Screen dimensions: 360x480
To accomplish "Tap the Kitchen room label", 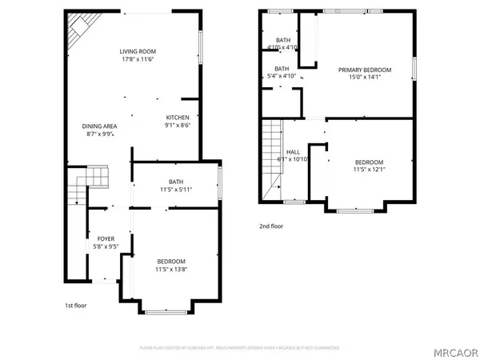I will pyautogui.click(x=178, y=118).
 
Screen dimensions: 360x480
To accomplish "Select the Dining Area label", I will pyautogui.click(x=100, y=126).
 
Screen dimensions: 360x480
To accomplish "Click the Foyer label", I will pyautogui.click(x=106, y=239).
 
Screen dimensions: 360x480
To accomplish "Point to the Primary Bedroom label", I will pyautogui.click(x=364, y=70).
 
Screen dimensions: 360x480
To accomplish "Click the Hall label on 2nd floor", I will pyautogui.click(x=293, y=151).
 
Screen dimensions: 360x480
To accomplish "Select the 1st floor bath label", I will pyautogui.click(x=176, y=181).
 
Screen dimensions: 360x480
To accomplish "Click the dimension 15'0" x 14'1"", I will pyautogui.click(x=364, y=78).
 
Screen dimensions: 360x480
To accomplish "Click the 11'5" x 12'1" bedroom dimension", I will pyautogui.click(x=369, y=170).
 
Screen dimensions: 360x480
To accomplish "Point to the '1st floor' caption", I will pyautogui.click(x=74, y=306).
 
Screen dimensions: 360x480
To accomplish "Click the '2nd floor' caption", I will pyautogui.click(x=272, y=226).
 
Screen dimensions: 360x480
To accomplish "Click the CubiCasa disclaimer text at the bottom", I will pyautogui.click(x=240, y=348).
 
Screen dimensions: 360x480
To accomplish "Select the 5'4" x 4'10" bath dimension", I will pyautogui.click(x=282, y=77).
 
